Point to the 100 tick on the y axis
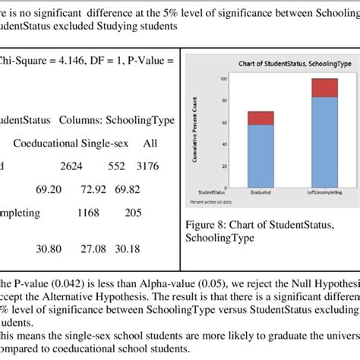pyautogui.click(x=223, y=79)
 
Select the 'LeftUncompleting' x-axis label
pyautogui.click(x=324, y=193)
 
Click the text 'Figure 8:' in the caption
pyautogui.click(x=210, y=225)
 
